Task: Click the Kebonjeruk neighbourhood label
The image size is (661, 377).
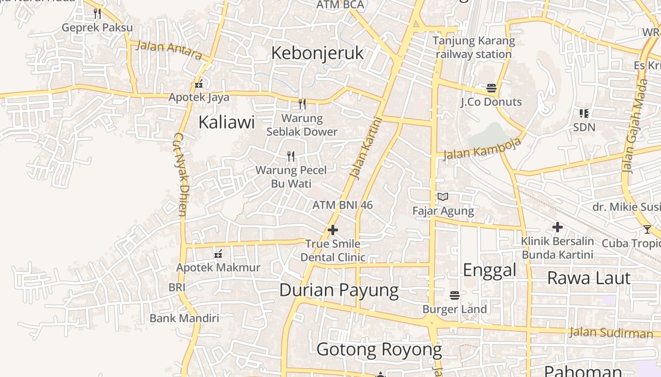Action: point(317,53)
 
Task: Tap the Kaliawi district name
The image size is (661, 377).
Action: point(226,123)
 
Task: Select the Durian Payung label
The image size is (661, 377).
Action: point(339,290)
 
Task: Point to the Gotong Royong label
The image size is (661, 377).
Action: point(379,350)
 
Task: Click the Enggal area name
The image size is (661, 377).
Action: point(490,270)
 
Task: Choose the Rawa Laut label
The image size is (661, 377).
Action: point(589,278)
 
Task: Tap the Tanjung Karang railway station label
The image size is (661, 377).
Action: point(474,47)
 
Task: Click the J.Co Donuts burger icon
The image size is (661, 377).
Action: point(492,88)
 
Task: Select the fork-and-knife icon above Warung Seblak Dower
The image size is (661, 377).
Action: point(302,104)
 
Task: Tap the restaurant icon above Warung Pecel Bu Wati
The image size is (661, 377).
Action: point(291,156)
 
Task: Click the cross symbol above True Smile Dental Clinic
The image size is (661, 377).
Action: point(333,230)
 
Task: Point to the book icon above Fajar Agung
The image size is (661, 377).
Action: point(442,197)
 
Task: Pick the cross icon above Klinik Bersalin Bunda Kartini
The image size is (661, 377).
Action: point(558,227)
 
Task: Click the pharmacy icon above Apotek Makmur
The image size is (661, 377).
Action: point(218,254)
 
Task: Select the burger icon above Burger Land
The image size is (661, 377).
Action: point(455,295)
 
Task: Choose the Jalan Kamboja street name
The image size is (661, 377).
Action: point(482,149)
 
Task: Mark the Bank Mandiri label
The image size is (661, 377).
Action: point(184,318)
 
